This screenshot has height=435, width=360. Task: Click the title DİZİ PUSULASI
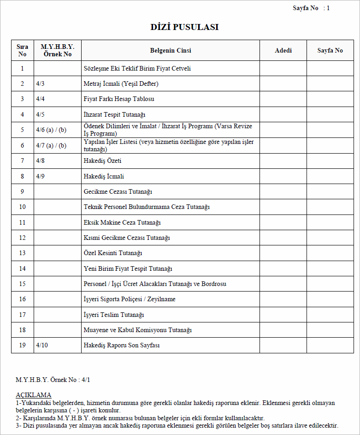click(184, 27)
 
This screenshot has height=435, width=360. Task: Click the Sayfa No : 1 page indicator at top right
click(311, 8)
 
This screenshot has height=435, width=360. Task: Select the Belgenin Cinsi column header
click(171, 50)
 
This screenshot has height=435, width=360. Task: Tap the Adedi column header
click(283, 50)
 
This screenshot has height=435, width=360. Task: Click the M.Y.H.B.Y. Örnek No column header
click(58, 50)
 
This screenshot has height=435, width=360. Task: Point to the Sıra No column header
click(22, 50)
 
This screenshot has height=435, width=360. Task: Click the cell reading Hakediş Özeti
click(102, 161)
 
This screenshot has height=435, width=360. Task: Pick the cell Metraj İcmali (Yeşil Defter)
click(121, 84)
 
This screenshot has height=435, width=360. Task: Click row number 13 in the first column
click(22, 253)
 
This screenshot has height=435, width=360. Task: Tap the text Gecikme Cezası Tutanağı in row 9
click(118, 191)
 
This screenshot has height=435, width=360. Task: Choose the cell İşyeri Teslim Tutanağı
click(114, 315)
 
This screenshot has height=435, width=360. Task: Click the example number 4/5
click(41, 114)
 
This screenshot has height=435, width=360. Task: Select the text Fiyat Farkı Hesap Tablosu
click(119, 99)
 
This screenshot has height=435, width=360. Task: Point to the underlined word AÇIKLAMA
click(33, 395)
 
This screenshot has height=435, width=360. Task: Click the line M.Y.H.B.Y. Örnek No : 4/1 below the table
click(53, 380)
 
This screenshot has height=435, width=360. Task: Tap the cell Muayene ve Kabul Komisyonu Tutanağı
click(137, 330)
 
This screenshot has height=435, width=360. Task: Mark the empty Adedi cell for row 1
click(283, 68)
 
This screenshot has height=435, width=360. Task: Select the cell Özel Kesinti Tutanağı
click(113, 253)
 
